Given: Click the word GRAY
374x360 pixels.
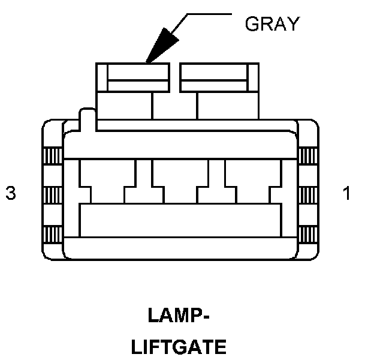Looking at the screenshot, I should pos(272,23).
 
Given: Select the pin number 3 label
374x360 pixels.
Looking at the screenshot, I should pos(10,194).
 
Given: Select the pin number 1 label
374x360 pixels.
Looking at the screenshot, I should pos(346,194).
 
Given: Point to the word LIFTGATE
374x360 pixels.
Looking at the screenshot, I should pos(179,347).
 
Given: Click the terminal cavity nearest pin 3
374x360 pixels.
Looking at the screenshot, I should pos(107,180).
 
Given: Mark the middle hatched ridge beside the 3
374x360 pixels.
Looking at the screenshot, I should pos(50,194).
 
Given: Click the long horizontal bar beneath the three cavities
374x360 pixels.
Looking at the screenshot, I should pos(180,220).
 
